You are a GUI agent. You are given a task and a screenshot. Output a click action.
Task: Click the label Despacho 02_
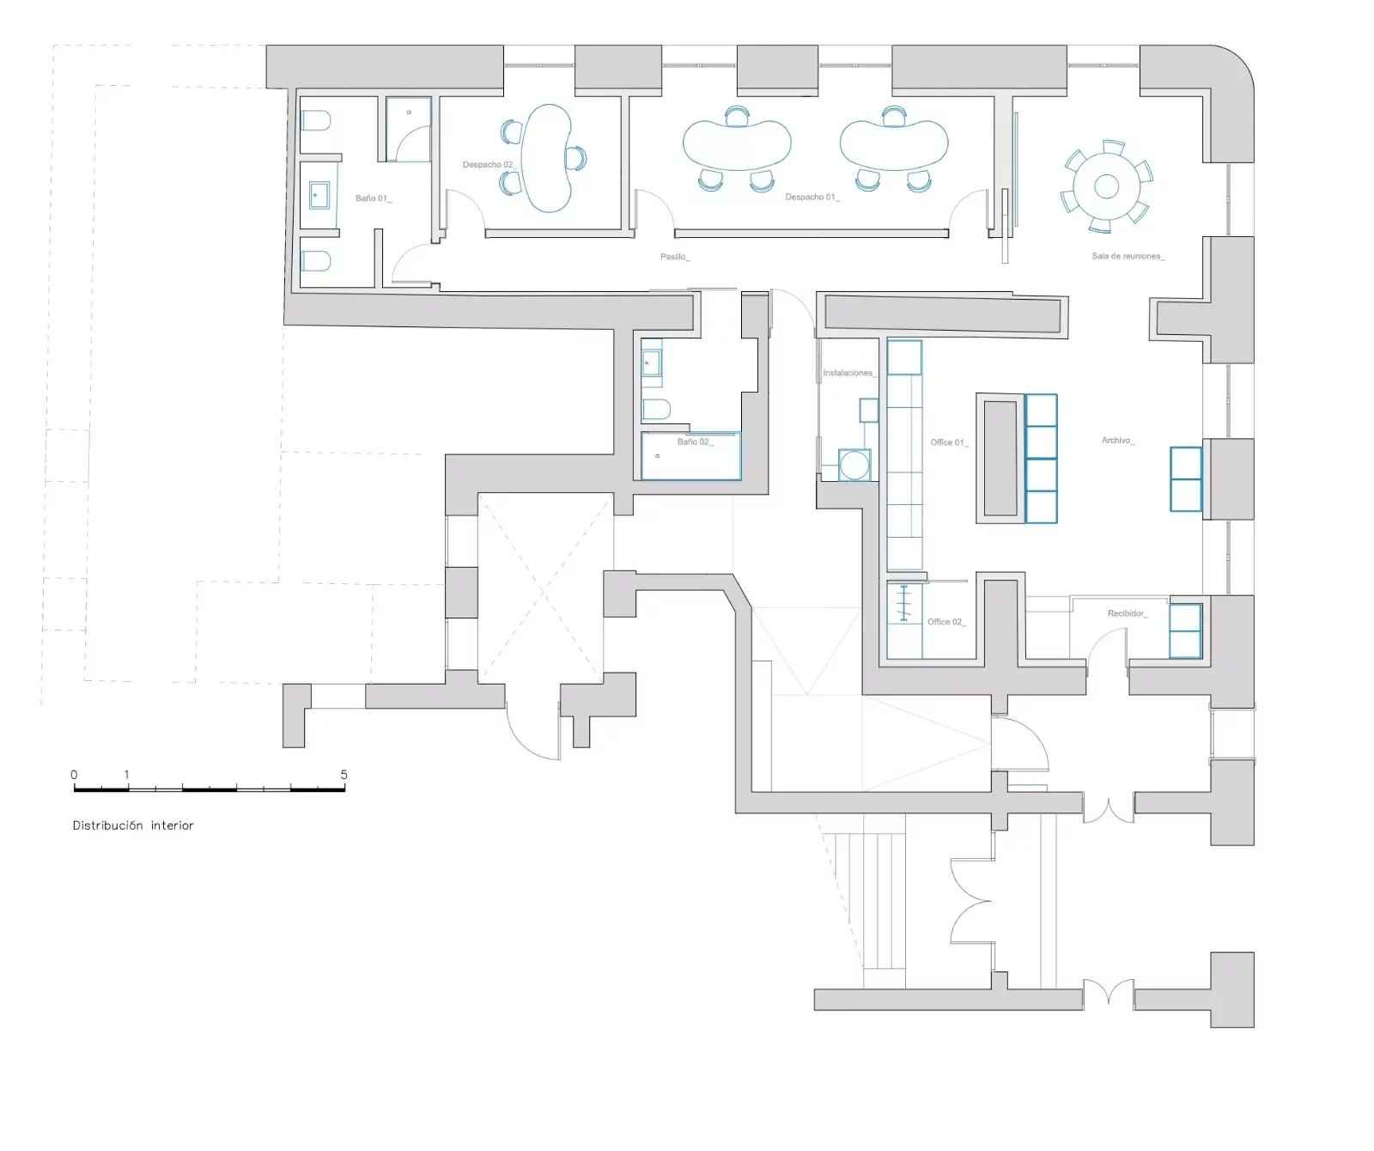click(488, 165)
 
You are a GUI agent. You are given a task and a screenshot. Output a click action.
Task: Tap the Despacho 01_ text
click(812, 198)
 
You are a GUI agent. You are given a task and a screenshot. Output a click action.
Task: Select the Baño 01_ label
click(374, 198)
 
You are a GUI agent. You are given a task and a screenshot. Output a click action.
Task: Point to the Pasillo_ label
click(675, 257)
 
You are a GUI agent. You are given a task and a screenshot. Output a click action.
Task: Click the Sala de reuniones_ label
click(1128, 256)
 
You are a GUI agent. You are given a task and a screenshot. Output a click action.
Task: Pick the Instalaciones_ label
click(849, 373)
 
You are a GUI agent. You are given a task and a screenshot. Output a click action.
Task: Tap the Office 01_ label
click(950, 442)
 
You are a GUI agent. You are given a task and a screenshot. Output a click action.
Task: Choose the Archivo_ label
click(1118, 441)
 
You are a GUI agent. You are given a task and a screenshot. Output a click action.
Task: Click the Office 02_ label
click(946, 622)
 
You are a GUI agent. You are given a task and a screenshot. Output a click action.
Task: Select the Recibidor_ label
click(1128, 613)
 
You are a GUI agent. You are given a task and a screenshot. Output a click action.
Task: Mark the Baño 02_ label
click(696, 442)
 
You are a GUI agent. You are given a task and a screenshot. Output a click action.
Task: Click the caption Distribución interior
click(133, 825)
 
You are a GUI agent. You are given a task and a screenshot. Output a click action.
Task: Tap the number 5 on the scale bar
click(343, 774)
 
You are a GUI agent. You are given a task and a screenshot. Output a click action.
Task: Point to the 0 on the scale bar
click(74, 774)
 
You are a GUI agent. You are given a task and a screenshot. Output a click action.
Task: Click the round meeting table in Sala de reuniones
click(1107, 186)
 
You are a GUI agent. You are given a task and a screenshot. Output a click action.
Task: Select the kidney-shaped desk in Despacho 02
click(547, 157)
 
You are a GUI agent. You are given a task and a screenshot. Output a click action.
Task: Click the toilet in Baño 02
click(656, 409)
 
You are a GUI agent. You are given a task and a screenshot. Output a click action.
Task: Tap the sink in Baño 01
click(319, 196)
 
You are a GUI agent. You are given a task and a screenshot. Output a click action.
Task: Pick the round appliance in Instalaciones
click(854, 465)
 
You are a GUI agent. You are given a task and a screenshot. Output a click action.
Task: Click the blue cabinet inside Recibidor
click(1185, 631)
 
